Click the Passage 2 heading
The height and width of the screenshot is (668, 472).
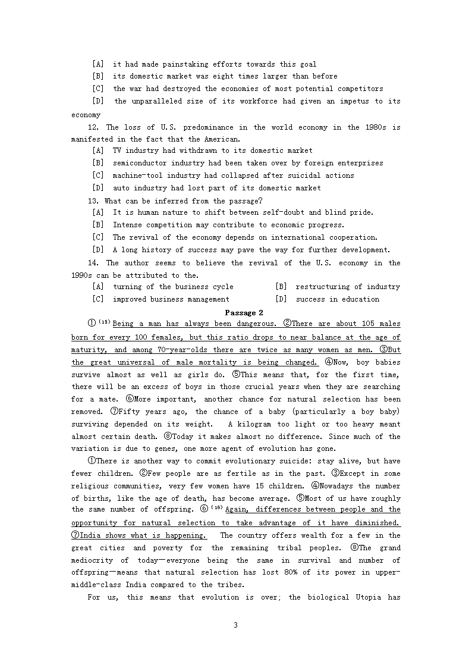tap(244, 313)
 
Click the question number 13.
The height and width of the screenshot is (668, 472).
tap(93, 201)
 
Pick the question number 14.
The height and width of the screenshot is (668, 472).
tap(93, 263)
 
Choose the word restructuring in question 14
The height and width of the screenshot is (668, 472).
tap(321, 287)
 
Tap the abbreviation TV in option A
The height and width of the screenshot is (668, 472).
tap(118, 150)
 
